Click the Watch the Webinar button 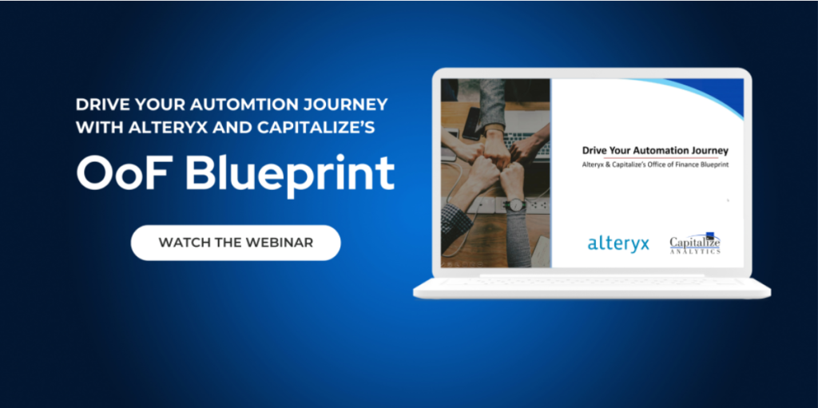pyautogui.click(x=236, y=243)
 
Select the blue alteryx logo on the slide pyautogui.click(x=618, y=244)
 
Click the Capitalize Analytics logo pyautogui.click(x=695, y=244)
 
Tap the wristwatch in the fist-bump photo pyautogui.click(x=517, y=204)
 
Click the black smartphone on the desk pyautogui.click(x=471, y=124)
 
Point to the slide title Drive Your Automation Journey pyautogui.click(x=655, y=151)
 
